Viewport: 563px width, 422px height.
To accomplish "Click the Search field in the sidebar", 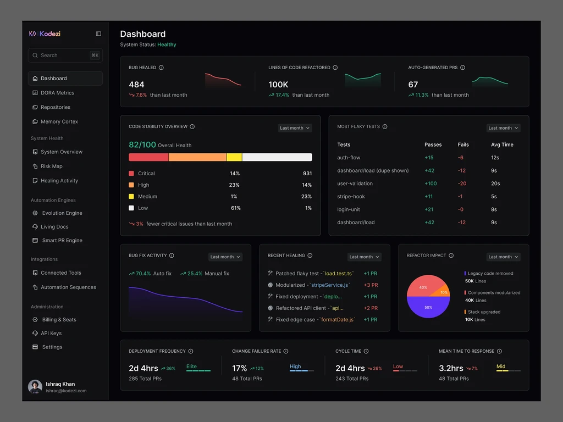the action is pyautogui.click(x=65, y=55).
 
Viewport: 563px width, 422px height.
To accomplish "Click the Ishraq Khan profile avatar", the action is pyautogui.click(x=35, y=387).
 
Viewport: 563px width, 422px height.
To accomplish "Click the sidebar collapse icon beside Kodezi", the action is pyautogui.click(x=98, y=34).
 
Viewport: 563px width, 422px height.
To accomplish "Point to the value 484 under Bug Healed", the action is pyautogui.click(x=136, y=84).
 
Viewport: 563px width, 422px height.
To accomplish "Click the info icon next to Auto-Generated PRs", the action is pyautogui.click(x=462, y=68).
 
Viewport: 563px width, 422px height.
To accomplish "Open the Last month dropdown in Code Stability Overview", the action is pyautogui.click(x=295, y=128).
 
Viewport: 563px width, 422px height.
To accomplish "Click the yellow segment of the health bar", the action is pyautogui.click(x=234, y=157).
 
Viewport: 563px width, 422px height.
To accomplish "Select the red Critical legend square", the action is pyautogui.click(x=131, y=173).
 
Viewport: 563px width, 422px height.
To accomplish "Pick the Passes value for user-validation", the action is pyautogui.click(x=430, y=184).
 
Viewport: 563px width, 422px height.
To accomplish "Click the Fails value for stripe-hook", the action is pyautogui.click(x=460, y=196).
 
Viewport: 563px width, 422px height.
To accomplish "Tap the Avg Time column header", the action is pyautogui.click(x=502, y=145).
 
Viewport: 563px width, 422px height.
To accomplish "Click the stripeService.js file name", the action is pyautogui.click(x=330, y=285).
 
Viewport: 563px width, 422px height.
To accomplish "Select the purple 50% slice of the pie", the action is pyautogui.click(x=428, y=308).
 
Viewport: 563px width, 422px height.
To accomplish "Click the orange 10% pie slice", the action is pyautogui.click(x=443, y=292).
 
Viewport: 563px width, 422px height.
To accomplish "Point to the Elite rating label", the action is pyautogui.click(x=191, y=367).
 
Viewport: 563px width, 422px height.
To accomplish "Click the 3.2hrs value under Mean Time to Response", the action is pyautogui.click(x=451, y=368).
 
